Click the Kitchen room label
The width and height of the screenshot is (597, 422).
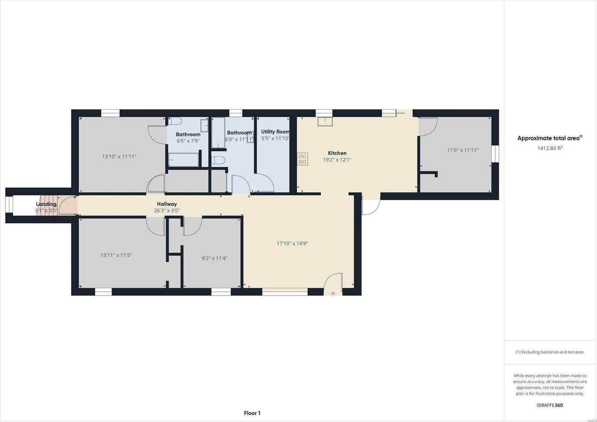(x=337, y=153)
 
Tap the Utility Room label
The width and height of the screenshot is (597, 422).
(x=275, y=132)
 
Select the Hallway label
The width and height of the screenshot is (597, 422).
(x=167, y=204)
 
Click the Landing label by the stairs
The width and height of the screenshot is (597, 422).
(x=46, y=204)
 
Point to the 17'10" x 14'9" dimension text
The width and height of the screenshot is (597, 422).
(x=292, y=243)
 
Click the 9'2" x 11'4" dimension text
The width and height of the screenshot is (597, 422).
(x=215, y=258)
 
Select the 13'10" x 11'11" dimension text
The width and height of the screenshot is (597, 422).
(x=119, y=157)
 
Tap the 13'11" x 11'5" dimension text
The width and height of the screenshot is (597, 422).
(x=116, y=255)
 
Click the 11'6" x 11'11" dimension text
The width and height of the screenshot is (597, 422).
(x=463, y=150)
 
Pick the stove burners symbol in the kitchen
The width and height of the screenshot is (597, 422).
(x=303, y=159)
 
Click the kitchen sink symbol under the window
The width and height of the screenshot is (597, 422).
(x=325, y=121)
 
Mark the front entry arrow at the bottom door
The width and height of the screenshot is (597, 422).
(x=333, y=294)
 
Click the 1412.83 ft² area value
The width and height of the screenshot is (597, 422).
(x=550, y=148)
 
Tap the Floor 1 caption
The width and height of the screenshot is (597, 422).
(x=252, y=413)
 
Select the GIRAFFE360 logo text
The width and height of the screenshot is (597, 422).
(x=549, y=405)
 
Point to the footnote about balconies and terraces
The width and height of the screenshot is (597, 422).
(x=549, y=352)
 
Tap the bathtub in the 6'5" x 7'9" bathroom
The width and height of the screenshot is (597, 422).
(x=183, y=160)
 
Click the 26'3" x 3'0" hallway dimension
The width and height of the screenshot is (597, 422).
(x=167, y=211)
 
